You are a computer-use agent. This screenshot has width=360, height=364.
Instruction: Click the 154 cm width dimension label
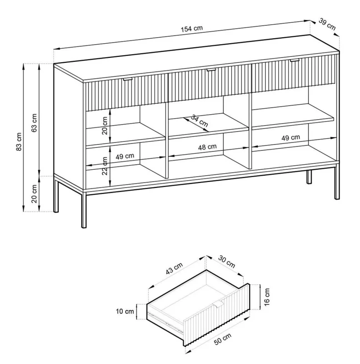[192, 29]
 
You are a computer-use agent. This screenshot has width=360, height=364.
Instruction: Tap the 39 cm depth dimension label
[327, 24]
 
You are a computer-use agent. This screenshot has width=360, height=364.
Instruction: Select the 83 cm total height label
[19, 142]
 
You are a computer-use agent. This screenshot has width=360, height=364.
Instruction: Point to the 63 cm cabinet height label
[35, 123]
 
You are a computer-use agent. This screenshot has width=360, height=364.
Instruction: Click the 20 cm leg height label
[35, 194]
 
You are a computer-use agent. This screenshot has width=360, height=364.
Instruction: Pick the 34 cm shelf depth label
[199, 121]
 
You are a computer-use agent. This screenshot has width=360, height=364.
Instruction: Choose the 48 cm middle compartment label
[207, 147]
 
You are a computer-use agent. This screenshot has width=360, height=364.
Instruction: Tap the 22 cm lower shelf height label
[105, 166]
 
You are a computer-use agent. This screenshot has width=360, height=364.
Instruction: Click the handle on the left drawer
[127, 79]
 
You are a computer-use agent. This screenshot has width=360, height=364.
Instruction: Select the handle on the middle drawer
[211, 70]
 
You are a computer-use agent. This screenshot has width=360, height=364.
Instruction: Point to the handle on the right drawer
[295, 61]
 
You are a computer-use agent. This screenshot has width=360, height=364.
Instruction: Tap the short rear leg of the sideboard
[309, 177]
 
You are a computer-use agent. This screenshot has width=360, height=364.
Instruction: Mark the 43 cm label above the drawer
[174, 268]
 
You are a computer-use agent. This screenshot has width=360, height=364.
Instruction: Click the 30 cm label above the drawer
[227, 262]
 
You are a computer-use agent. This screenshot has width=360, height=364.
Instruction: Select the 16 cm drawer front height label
[267, 297]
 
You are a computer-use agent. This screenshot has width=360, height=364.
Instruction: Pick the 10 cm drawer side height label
[125, 311]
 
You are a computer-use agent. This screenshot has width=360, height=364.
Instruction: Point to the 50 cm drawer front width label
[223, 339]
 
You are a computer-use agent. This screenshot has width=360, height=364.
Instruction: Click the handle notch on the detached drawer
[218, 304]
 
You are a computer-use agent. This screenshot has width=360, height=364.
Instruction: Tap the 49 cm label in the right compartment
[290, 138]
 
